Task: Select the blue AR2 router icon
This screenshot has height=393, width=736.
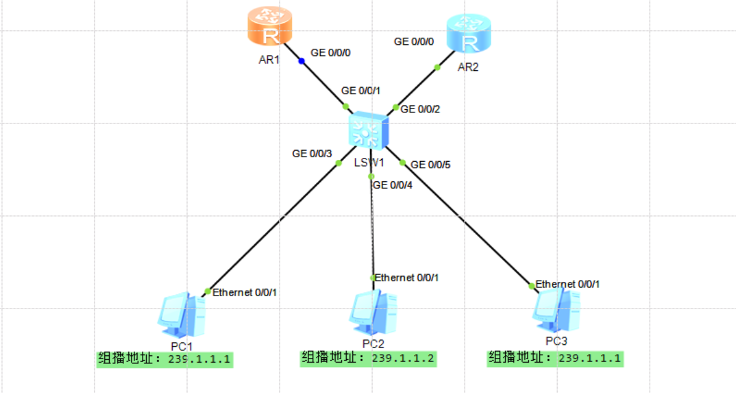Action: tap(469, 35)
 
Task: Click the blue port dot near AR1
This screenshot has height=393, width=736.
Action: tap(302, 61)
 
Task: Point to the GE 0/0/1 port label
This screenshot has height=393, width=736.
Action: tap(361, 91)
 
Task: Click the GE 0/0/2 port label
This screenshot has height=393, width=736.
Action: tap(420, 109)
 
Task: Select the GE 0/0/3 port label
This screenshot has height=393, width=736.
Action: tap(312, 153)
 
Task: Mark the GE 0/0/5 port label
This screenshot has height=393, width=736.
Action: tap(431, 165)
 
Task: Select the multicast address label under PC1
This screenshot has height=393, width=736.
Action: tap(165, 359)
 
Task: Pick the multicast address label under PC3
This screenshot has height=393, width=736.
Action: tap(555, 358)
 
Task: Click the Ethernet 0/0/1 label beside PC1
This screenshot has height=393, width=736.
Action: tap(244, 292)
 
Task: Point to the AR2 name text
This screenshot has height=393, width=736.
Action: tap(468, 67)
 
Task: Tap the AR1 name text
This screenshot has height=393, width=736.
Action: tap(270, 61)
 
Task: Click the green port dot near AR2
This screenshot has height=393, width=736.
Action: tap(437, 67)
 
